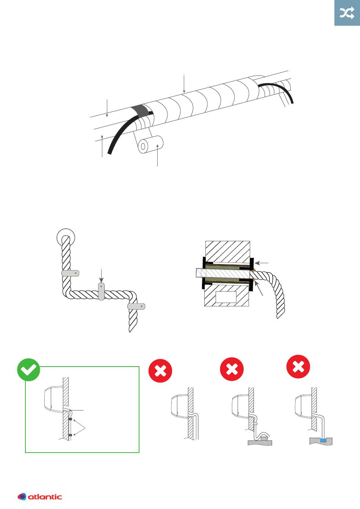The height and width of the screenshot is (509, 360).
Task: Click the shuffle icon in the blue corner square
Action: tap(347, 13)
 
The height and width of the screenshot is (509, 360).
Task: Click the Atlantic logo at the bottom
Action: tap(39, 497)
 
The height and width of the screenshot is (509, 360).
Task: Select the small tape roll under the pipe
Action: tap(150, 145)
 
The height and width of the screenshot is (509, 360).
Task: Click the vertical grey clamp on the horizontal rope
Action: tap(101, 291)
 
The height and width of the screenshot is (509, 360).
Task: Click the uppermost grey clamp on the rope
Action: tap(70, 273)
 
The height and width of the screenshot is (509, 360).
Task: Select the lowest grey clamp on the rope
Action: tap(136, 306)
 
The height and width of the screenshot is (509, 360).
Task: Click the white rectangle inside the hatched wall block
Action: tap(226, 297)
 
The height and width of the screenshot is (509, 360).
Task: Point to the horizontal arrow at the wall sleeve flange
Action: tap(261, 263)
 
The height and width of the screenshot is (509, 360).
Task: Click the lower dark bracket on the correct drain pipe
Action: tap(70, 435)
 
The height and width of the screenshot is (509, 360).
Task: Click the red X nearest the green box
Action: tap(160, 371)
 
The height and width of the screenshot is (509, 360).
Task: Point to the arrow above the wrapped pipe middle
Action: tap(184, 84)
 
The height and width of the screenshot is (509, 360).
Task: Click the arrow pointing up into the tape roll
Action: tap(157, 155)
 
